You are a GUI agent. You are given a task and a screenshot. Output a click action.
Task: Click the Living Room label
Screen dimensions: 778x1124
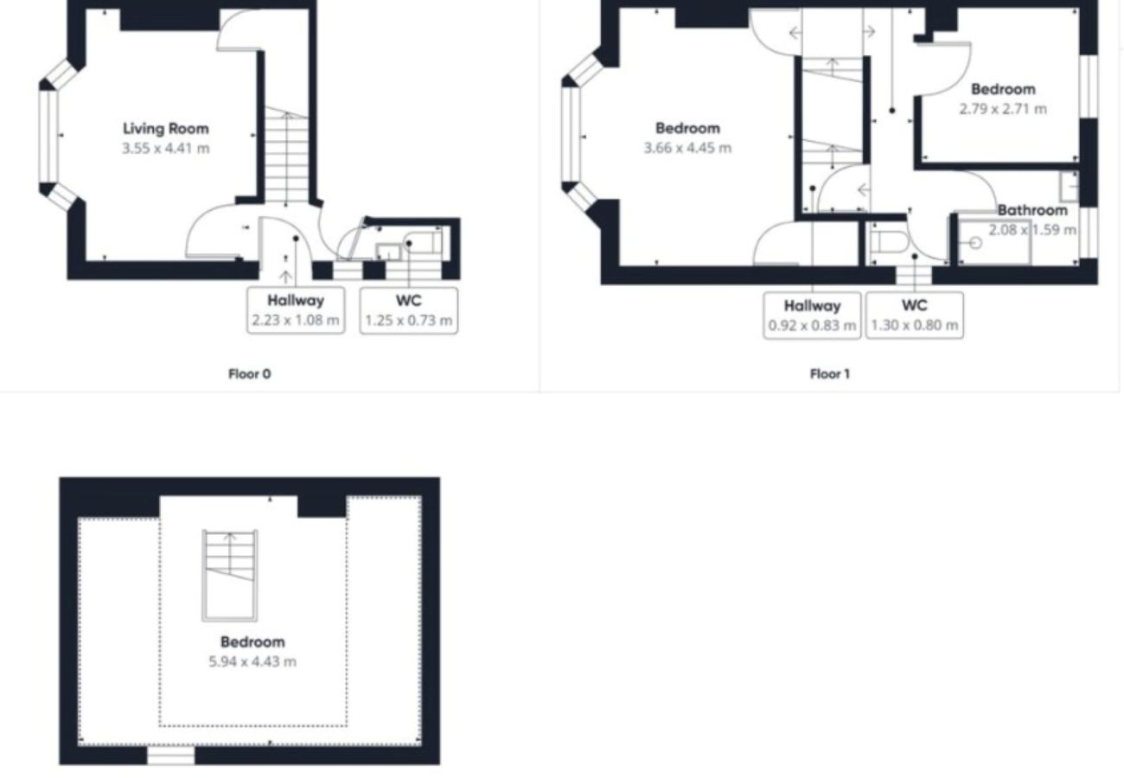tap(165, 129)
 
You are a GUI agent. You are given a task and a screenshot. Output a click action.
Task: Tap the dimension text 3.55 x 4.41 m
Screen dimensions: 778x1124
tap(165, 148)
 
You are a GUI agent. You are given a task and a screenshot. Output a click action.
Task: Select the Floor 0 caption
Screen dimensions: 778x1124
tap(249, 374)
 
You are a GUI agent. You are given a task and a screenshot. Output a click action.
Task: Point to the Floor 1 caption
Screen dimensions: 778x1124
tap(829, 374)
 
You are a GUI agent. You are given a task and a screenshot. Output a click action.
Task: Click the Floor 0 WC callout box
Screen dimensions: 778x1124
tap(408, 310)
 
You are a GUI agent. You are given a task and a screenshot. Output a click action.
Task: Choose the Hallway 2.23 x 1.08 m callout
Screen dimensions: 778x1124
tap(295, 310)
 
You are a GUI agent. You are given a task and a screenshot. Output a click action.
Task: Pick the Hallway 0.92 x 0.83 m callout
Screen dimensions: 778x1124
tap(812, 315)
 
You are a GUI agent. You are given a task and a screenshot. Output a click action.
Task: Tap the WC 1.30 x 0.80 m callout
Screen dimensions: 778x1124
tap(914, 315)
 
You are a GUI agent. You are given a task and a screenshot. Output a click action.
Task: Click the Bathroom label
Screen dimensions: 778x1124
tap(1032, 210)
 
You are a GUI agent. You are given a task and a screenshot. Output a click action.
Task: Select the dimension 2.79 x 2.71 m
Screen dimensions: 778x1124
tap(1002, 109)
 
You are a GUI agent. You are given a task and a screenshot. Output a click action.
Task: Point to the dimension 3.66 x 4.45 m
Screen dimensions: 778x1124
tap(687, 148)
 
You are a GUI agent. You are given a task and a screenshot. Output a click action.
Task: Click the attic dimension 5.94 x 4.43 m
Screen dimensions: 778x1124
tap(252, 661)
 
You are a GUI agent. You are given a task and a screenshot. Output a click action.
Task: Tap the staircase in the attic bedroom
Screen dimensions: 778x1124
tap(230, 575)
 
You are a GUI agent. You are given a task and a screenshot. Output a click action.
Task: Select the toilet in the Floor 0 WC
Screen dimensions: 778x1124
tap(424, 243)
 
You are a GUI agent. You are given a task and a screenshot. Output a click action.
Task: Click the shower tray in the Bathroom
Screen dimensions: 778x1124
tap(995, 243)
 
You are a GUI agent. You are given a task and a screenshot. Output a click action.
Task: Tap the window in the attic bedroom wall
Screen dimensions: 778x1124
tap(170, 756)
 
